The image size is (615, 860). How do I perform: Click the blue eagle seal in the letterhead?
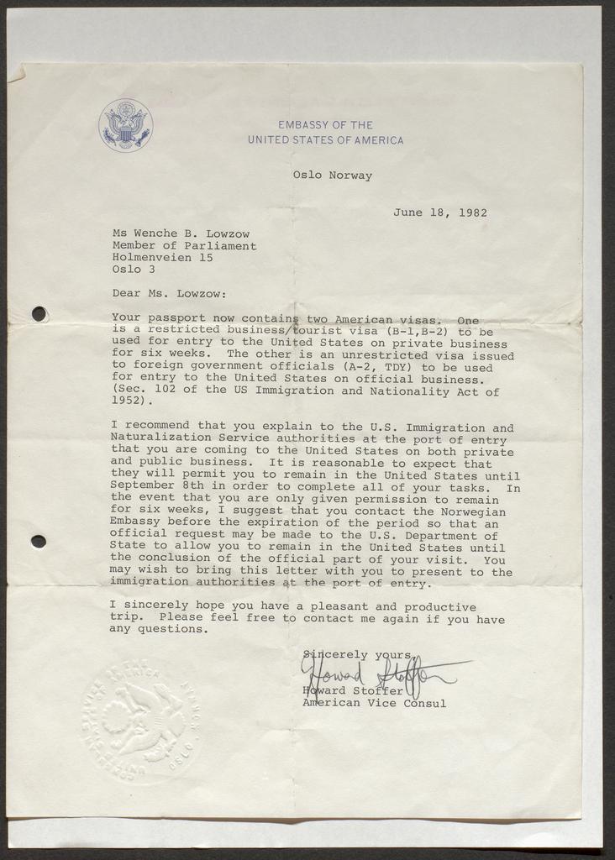pyautogui.click(x=125, y=125)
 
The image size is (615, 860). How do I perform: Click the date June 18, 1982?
pyautogui.click(x=439, y=212)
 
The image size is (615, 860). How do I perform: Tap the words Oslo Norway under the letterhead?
pyautogui.click(x=332, y=176)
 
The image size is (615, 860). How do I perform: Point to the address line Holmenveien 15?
pyautogui.click(x=162, y=258)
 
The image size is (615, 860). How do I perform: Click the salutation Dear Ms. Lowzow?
pyautogui.click(x=169, y=294)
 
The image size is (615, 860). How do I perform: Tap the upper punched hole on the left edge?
pyautogui.click(x=39, y=313)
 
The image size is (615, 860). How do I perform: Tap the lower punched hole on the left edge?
pyautogui.click(x=38, y=541)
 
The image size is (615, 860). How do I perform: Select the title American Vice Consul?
pyautogui.click(x=374, y=703)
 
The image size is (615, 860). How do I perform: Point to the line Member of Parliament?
pyautogui.click(x=184, y=246)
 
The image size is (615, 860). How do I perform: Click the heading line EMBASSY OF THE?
pyautogui.click(x=325, y=125)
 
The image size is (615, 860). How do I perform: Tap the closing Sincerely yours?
pyautogui.click(x=356, y=654)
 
